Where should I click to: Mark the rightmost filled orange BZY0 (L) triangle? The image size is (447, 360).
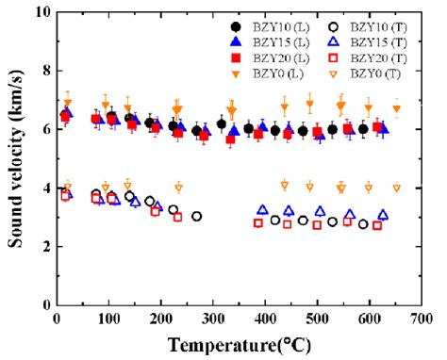click(397, 109)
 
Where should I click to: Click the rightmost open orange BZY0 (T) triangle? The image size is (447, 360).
click(397, 188)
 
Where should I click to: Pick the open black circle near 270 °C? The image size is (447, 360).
click(196, 217)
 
